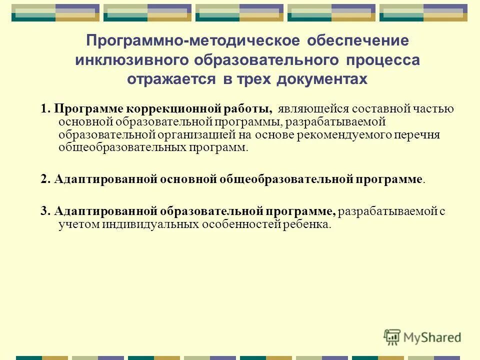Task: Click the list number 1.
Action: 45,109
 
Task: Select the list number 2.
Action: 45,179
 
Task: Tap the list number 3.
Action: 45,211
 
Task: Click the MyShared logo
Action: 422,337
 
